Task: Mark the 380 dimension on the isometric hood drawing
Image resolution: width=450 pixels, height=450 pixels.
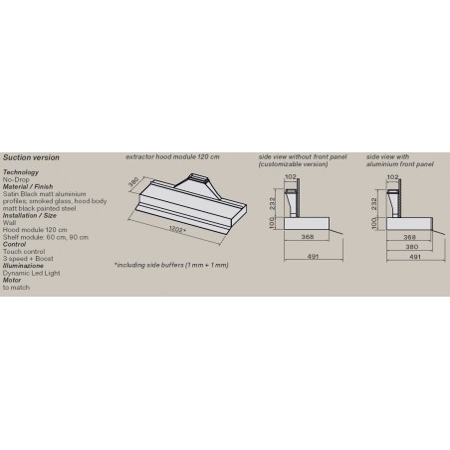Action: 133,183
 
